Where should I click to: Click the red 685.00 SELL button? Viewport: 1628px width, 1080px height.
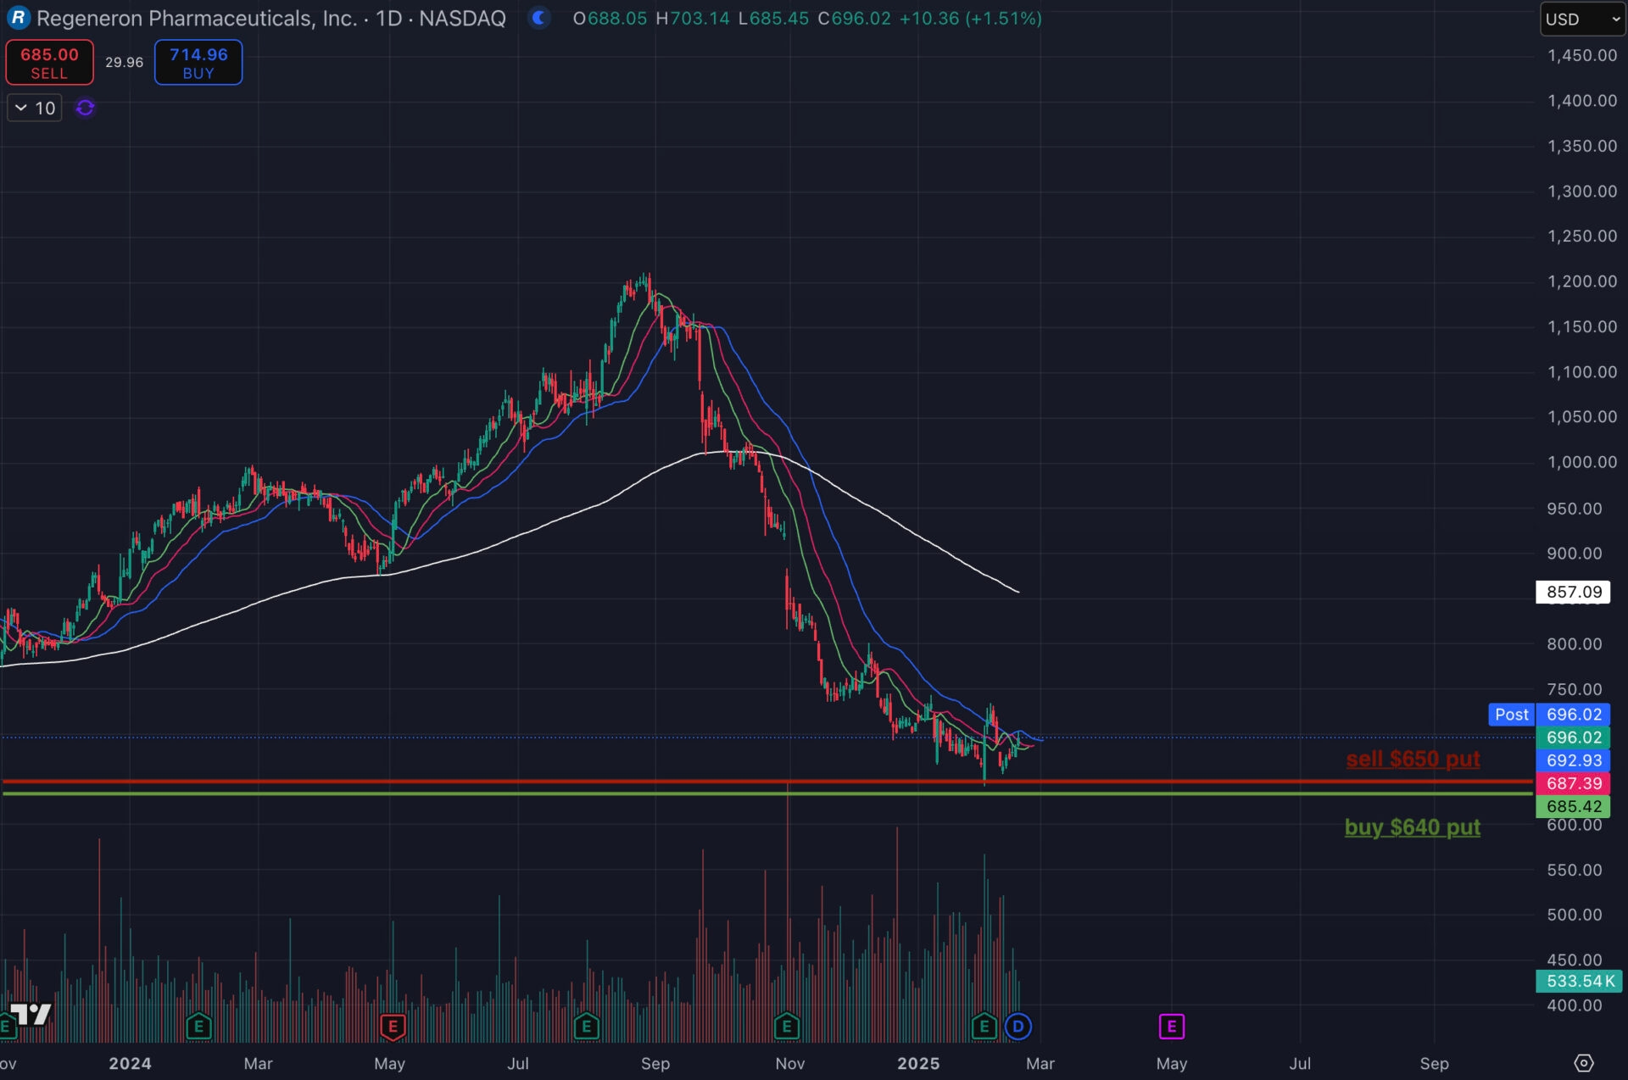pyautogui.click(x=49, y=63)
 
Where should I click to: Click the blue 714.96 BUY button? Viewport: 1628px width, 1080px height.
pyautogui.click(x=198, y=63)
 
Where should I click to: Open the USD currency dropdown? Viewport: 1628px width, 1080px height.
pyautogui.click(x=1581, y=19)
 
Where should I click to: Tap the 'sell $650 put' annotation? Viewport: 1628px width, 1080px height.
pyautogui.click(x=1413, y=759)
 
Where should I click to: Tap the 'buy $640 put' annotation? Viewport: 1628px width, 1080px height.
pyautogui.click(x=1412, y=827)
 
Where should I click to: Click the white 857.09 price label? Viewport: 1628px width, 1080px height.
pyautogui.click(x=1573, y=592)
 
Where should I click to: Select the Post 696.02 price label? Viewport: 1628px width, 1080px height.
pyautogui.click(x=1549, y=715)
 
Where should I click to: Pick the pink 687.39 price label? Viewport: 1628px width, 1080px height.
pyautogui.click(x=1573, y=783)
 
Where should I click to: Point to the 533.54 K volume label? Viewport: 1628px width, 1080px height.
pyautogui.click(x=1579, y=981)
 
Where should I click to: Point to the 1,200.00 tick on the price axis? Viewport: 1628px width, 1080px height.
pyautogui.click(x=1581, y=281)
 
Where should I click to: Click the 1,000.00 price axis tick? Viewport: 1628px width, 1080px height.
pyautogui.click(x=1581, y=462)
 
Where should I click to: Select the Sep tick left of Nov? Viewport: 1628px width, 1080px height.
pyautogui.click(x=655, y=1063)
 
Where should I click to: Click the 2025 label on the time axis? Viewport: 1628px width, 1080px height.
pyautogui.click(x=918, y=1063)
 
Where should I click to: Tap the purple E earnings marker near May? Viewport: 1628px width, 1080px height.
pyautogui.click(x=1171, y=1027)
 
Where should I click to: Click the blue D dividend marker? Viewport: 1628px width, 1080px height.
pyautogui.click(x=1017, y=1027)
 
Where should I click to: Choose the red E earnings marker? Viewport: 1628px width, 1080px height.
pyautogui.click(x=393, y=1027)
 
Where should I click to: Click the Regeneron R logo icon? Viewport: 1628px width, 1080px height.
pyautogui.click(x=18, y=18)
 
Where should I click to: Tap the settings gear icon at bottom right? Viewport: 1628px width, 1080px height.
pyautogui.click(x=1583, y=1063)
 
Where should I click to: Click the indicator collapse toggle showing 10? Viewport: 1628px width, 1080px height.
pyautogui.click(x=35, y=108)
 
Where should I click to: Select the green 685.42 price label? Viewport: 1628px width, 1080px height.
pyautogui.click(x=1573, y=806)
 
